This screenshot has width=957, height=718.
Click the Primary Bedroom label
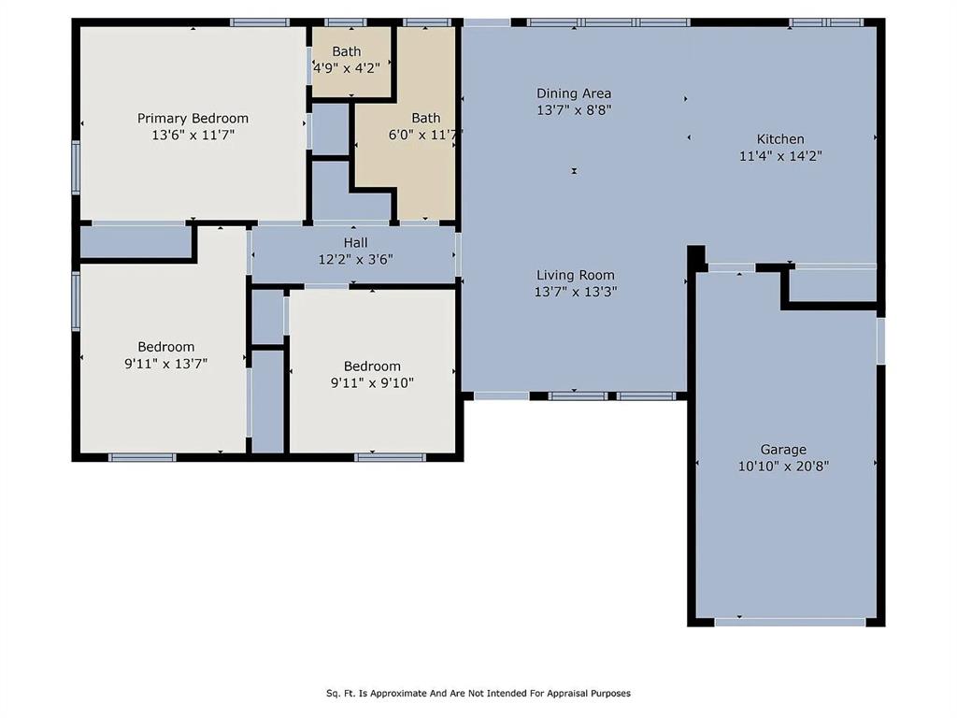click(x=193, y=118)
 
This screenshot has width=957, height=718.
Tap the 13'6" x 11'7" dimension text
click(x=193, y=135)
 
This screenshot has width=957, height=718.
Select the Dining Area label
click(x=574, y=93)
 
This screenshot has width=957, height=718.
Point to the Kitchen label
click(x=780, y=139)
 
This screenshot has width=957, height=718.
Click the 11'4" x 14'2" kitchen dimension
click(x=780, y=156)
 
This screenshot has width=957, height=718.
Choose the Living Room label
click(x=576, y=275)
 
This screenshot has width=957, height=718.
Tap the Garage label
click(x=783, y=449)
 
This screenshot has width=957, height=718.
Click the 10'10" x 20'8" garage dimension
click(x=783, y=466)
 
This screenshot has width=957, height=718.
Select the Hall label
click(x=355, y=242)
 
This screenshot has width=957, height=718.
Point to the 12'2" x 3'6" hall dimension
click(x=355, y=259)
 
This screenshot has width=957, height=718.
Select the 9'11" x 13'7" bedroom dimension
click(x=166, y=364)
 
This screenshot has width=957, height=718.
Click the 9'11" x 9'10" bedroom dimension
click(x=372, y=382)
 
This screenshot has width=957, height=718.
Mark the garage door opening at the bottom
click(x=790, y=621)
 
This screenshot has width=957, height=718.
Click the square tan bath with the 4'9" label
click(x=350, y=60)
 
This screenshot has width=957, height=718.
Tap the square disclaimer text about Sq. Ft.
click(x=478, y=694)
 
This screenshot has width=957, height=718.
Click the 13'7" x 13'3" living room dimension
click(x=576, y=292)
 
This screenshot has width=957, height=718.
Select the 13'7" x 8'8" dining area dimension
click(x=574, y=109)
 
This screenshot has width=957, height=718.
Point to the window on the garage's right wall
click(x=880, y=340)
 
